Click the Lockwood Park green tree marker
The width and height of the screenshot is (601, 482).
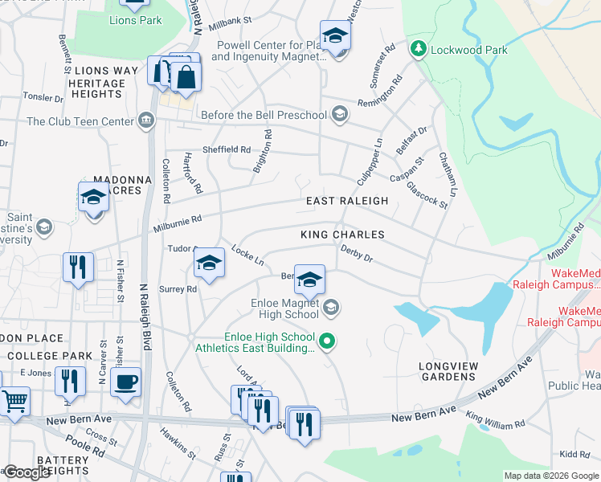click(x=418, y=50)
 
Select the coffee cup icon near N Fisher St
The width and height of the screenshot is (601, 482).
click(x=126, y=382)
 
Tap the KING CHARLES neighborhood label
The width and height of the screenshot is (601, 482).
click(x=342, y=235)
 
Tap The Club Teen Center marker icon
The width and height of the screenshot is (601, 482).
click(x=145, y=121)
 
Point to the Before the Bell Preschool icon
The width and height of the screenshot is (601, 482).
click(x=339, y=115)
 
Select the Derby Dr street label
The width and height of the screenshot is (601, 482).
click(x=356, y=254)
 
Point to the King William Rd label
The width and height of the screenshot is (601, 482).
click(x=495, y=420)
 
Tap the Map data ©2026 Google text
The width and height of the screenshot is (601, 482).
click(x=551, y=476)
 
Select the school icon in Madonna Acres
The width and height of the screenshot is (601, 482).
click(x=93, y=197)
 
